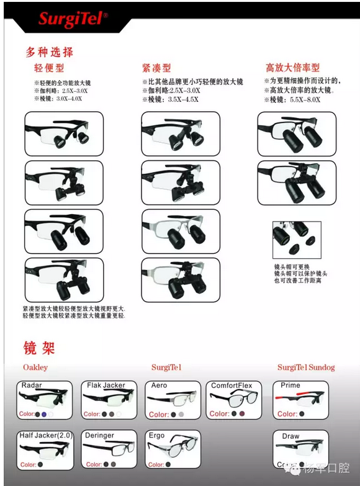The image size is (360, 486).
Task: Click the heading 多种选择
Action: (x=49, y=52)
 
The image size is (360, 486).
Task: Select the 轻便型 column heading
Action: (x=49, y=68)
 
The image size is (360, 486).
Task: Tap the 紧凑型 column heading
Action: (x=156, y=68)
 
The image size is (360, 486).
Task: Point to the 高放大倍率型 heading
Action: (x=292, y=68)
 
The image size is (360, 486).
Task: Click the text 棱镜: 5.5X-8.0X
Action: (x=292, y=100)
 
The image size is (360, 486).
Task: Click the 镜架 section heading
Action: (x=39, y=347)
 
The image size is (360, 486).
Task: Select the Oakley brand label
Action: (x=35, y=367)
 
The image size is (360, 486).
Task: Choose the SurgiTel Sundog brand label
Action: (x=305, y=367)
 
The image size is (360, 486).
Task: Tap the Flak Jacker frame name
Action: (x=106, y=385)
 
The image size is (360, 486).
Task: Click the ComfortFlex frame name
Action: (x=232, y=385)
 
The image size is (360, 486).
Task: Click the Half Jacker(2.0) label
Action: (x=44, y=435)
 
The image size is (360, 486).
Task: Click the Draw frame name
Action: (x=290, y=436)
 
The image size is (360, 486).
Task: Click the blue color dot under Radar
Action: (x=44, y=414)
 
